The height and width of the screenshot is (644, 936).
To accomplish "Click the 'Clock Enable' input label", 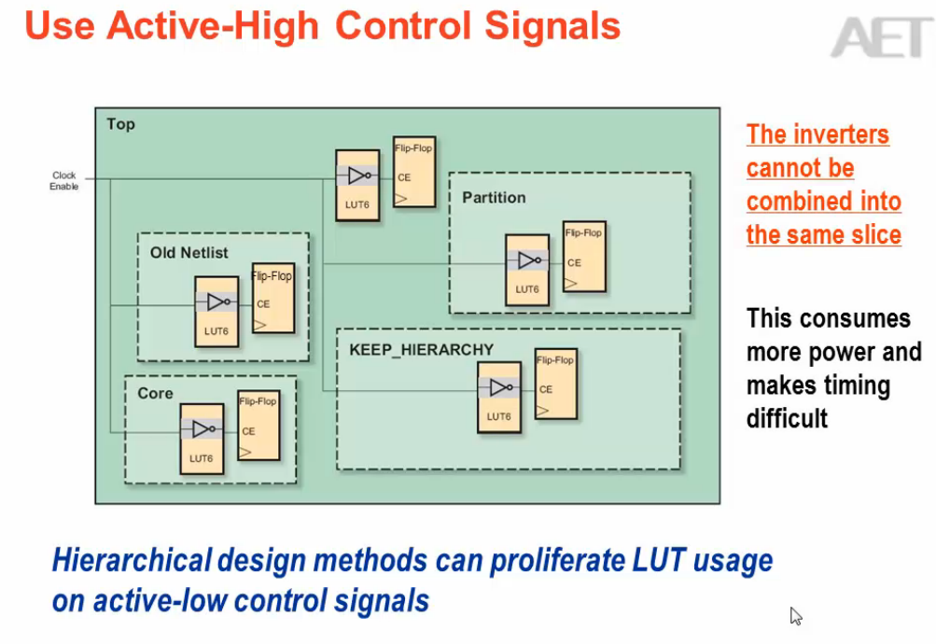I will pos(64,181).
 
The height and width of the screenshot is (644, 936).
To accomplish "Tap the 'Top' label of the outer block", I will pos(120,124).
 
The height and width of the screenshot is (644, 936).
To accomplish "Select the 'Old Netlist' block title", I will pos(189,253).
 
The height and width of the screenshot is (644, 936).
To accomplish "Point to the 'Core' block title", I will pos(155,394).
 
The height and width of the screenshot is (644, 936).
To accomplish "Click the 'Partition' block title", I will pos(494,198).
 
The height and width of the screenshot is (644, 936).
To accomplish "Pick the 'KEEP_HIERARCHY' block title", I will pos(408,350).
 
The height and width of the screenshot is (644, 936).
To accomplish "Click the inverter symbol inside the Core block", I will pos(203,428).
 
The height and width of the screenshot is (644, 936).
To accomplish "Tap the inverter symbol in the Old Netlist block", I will pos(217,302).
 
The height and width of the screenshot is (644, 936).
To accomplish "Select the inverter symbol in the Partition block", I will pos(528,260).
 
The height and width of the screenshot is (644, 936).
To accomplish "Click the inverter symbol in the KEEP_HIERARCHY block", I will pos(499,387).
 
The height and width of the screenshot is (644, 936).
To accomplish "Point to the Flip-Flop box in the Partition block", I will pos(584,257).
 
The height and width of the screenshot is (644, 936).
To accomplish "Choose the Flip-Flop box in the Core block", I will pos(258,425).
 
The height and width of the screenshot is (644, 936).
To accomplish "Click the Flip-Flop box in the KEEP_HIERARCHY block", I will pos(555,383).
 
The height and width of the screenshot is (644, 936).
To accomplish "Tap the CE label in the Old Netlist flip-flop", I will pos(263,304).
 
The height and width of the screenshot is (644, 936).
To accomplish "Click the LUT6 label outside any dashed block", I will pos(357,204).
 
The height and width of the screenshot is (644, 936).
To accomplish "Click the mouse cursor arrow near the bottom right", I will pos(795,615).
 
